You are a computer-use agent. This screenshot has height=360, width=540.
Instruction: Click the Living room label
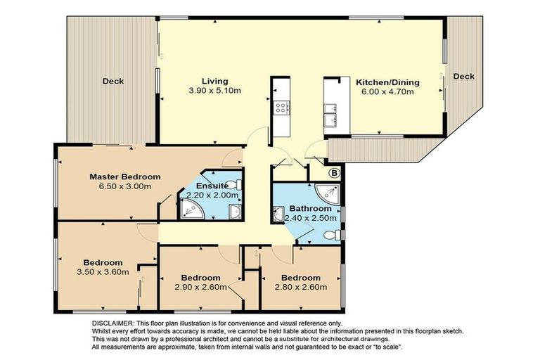tap(214, 81)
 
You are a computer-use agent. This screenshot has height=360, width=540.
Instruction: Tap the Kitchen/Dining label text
tap(387, 82)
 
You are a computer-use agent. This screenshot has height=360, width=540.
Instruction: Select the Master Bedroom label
tap(124, 176)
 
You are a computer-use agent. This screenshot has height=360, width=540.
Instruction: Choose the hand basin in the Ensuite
tap(236, 212)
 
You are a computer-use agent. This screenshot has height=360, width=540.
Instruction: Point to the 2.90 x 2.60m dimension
tap(200, 286)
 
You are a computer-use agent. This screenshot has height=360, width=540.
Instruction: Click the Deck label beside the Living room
tap(112, 81)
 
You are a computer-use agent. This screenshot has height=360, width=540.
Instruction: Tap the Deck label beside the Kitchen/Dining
tap(463, 76)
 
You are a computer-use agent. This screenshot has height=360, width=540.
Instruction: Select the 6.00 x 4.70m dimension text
tap(387, 91)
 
